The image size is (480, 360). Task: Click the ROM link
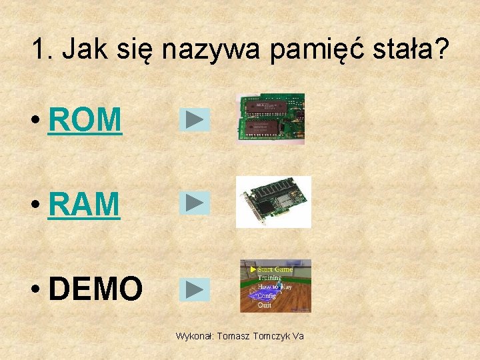pyautogui.click(x=85, y=120)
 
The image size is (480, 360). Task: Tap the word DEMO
pyautogui.click(x=95, y=289)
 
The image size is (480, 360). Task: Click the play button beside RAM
pyautogui.click(x=195, y=203)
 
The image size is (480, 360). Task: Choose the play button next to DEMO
pyautogui.click(x=195, y=289)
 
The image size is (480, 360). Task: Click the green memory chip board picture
pyautogui.click(x=272, y=119)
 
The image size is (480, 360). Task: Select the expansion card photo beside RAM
pyautogui.click(x=273, y=202)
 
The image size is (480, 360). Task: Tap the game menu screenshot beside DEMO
pyautogui.click(x=275, y=286)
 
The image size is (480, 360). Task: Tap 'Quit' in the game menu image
pyautogui.click(x=265, y=305)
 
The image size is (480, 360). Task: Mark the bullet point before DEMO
pyautogui.click(x=36, y=290)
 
